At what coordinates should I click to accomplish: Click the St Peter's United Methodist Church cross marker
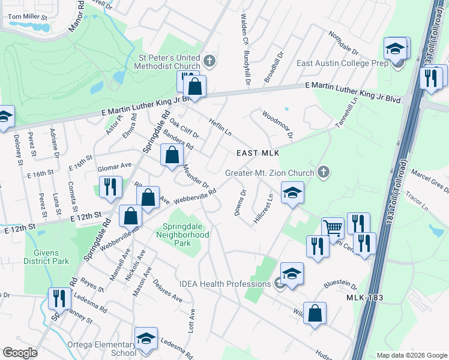(x=209, y=61)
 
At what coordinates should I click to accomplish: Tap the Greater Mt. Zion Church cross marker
(x=324, y=173)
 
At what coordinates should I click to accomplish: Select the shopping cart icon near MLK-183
(x=332, y=227)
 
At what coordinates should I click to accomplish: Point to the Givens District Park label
(x=47, y=256)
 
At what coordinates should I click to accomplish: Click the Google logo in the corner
(x=20, y=353)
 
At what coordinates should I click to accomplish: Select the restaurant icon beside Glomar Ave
(x=111, y=187)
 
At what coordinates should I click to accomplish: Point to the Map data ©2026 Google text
(x=411, y=355)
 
